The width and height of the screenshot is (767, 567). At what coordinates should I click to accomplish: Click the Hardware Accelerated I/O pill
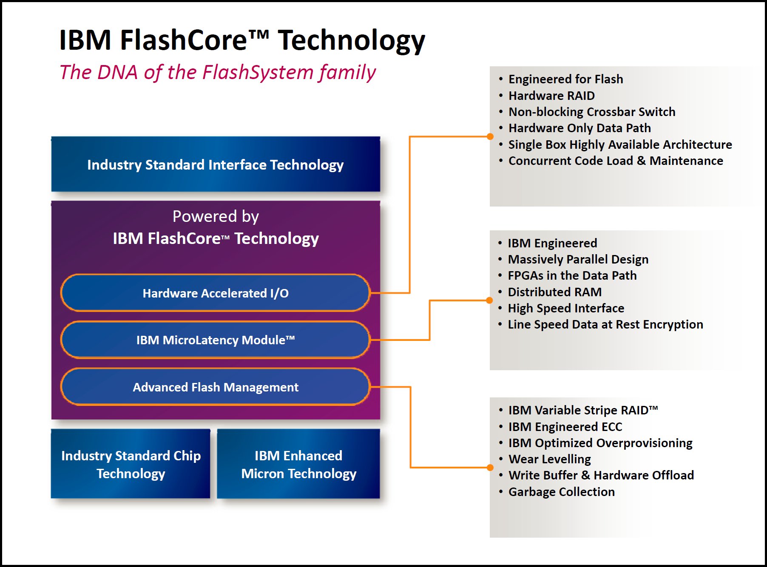[216, 293]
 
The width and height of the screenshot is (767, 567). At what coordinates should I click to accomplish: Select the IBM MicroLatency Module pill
[216, 340]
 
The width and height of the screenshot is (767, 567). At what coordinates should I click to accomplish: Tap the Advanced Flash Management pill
[216, 387]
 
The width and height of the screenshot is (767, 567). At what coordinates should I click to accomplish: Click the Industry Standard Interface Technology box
[216, 164]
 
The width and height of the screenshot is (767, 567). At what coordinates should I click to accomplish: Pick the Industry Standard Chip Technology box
[131, 464]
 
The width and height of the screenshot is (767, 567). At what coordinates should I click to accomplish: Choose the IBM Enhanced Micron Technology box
[298, 464]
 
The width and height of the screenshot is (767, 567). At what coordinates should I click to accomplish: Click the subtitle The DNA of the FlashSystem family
[218, 72]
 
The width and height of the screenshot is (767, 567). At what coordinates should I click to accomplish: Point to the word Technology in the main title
[351, 41]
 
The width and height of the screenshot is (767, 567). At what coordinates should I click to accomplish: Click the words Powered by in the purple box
[216, 217]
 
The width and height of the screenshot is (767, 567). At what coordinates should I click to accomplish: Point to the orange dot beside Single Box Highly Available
[490, 136]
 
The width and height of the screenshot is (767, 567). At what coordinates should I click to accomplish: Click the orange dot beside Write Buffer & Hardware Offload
[490, 468]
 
